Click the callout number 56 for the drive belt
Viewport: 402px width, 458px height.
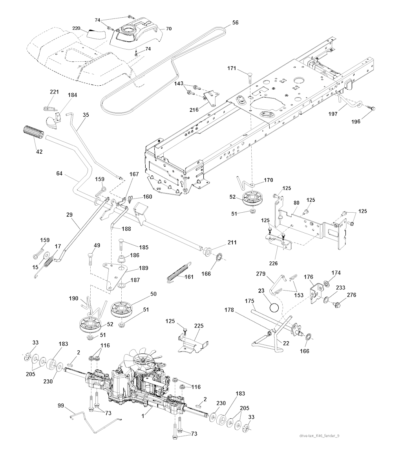pyautogui.click(x=235, y=23)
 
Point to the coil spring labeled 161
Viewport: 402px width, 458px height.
pyautogui.click(x=179, y=271)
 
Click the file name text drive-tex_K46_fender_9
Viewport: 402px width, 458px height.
pyautogui.click(x=319, y=435)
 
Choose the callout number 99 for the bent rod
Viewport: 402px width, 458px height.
pyautogui.click(x=61, y=405)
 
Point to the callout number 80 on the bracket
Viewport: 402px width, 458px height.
pyautogui.click(x=296, y=203)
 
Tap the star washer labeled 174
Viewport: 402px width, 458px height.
pyautogui.click(x=327, y=284)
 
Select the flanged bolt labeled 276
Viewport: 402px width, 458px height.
pyautogui.click(x=337, y=303)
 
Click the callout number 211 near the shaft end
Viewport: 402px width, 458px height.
pyautogui.click(x=232, y=243)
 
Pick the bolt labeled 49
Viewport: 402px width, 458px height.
pyautogui.click(x=91, y=259)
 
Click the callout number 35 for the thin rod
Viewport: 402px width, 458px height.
pyautogui.click(x=86, y=115)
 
